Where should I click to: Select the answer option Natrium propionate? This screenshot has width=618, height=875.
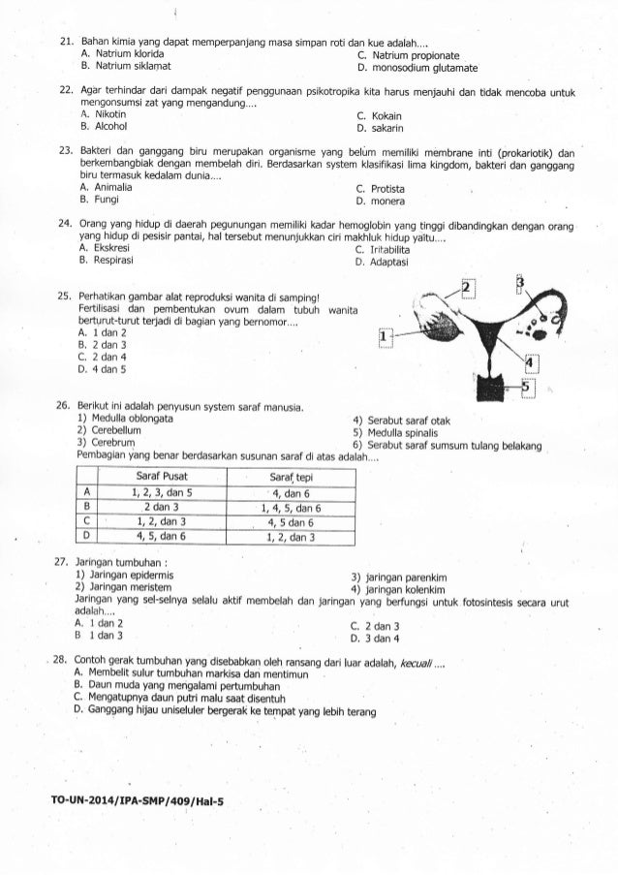[x=406, y=56]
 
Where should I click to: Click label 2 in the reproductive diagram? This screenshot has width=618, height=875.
[x=468, y=289]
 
